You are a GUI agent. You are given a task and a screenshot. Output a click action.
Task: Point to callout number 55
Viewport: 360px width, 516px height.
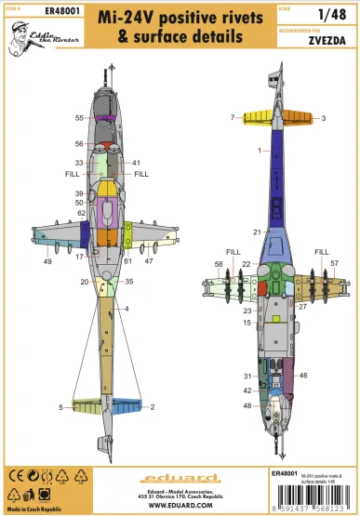(x=80, y=118)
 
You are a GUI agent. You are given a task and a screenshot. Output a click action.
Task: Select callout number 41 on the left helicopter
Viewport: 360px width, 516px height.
(x=136, y=163)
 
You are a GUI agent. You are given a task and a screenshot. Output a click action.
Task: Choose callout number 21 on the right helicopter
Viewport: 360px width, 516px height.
(x=256, y=232)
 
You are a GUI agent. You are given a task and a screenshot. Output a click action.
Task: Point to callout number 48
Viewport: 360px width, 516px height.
(x=247, y=405)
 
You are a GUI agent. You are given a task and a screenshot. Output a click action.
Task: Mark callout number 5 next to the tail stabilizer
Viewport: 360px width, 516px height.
(x=60, y=407)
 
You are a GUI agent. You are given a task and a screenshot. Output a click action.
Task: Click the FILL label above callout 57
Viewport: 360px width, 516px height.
(x=322, y=251)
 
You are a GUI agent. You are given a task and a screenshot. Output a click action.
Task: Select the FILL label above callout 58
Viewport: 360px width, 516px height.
(x=232, y=251)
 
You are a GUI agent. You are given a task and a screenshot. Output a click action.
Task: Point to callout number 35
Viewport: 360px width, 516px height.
(x=129, y=281)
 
